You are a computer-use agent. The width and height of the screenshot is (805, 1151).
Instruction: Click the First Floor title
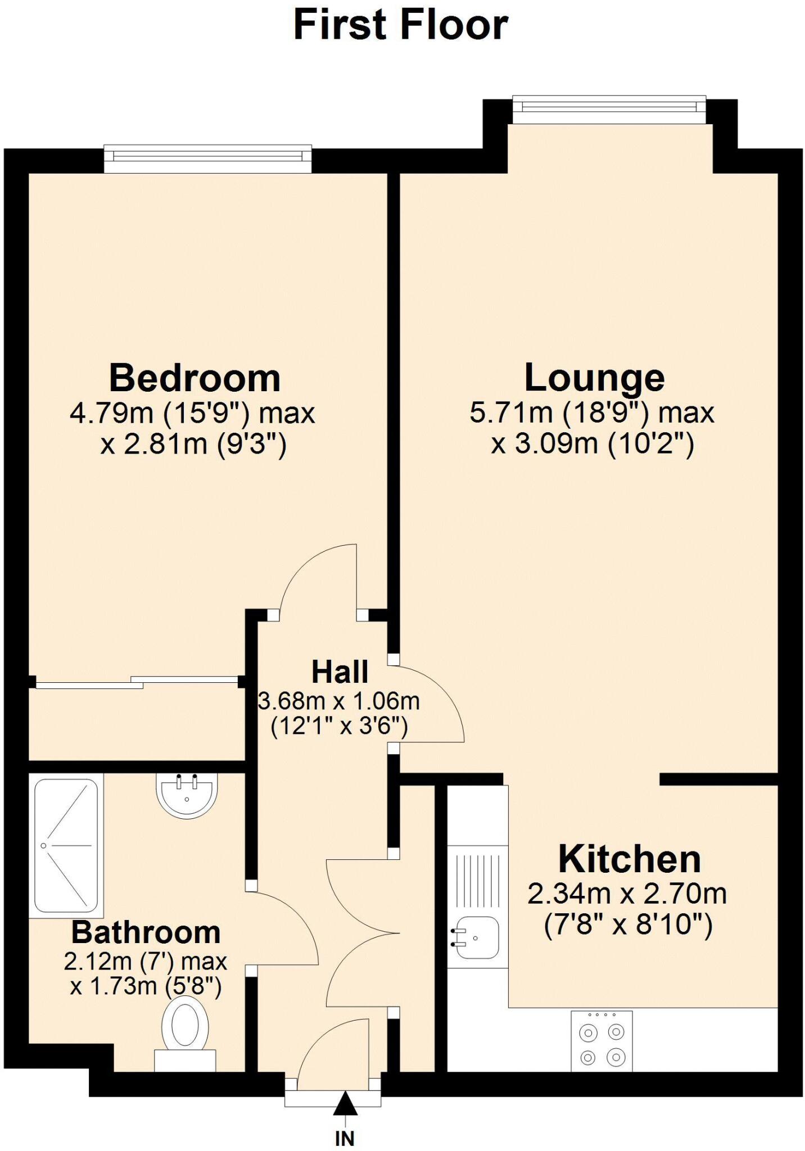401,26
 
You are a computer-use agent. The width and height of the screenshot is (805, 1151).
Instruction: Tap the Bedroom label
195,378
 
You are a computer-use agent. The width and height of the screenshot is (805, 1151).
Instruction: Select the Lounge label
594,378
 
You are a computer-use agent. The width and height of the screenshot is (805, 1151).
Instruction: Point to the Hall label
340,672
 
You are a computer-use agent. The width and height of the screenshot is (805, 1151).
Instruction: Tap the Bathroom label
146,932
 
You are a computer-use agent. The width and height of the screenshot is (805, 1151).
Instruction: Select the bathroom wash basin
186,794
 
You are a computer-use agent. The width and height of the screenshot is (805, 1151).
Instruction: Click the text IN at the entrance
345,1139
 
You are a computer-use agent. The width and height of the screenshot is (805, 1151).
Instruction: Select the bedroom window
207,159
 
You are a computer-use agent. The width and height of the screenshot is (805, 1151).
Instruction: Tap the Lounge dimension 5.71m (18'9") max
591,413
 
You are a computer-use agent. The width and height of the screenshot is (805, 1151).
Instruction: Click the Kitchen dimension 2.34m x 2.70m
627,894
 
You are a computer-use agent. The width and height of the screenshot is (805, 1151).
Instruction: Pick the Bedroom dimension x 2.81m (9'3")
193,445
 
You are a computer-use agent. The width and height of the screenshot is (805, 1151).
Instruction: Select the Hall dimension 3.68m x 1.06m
339,701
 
